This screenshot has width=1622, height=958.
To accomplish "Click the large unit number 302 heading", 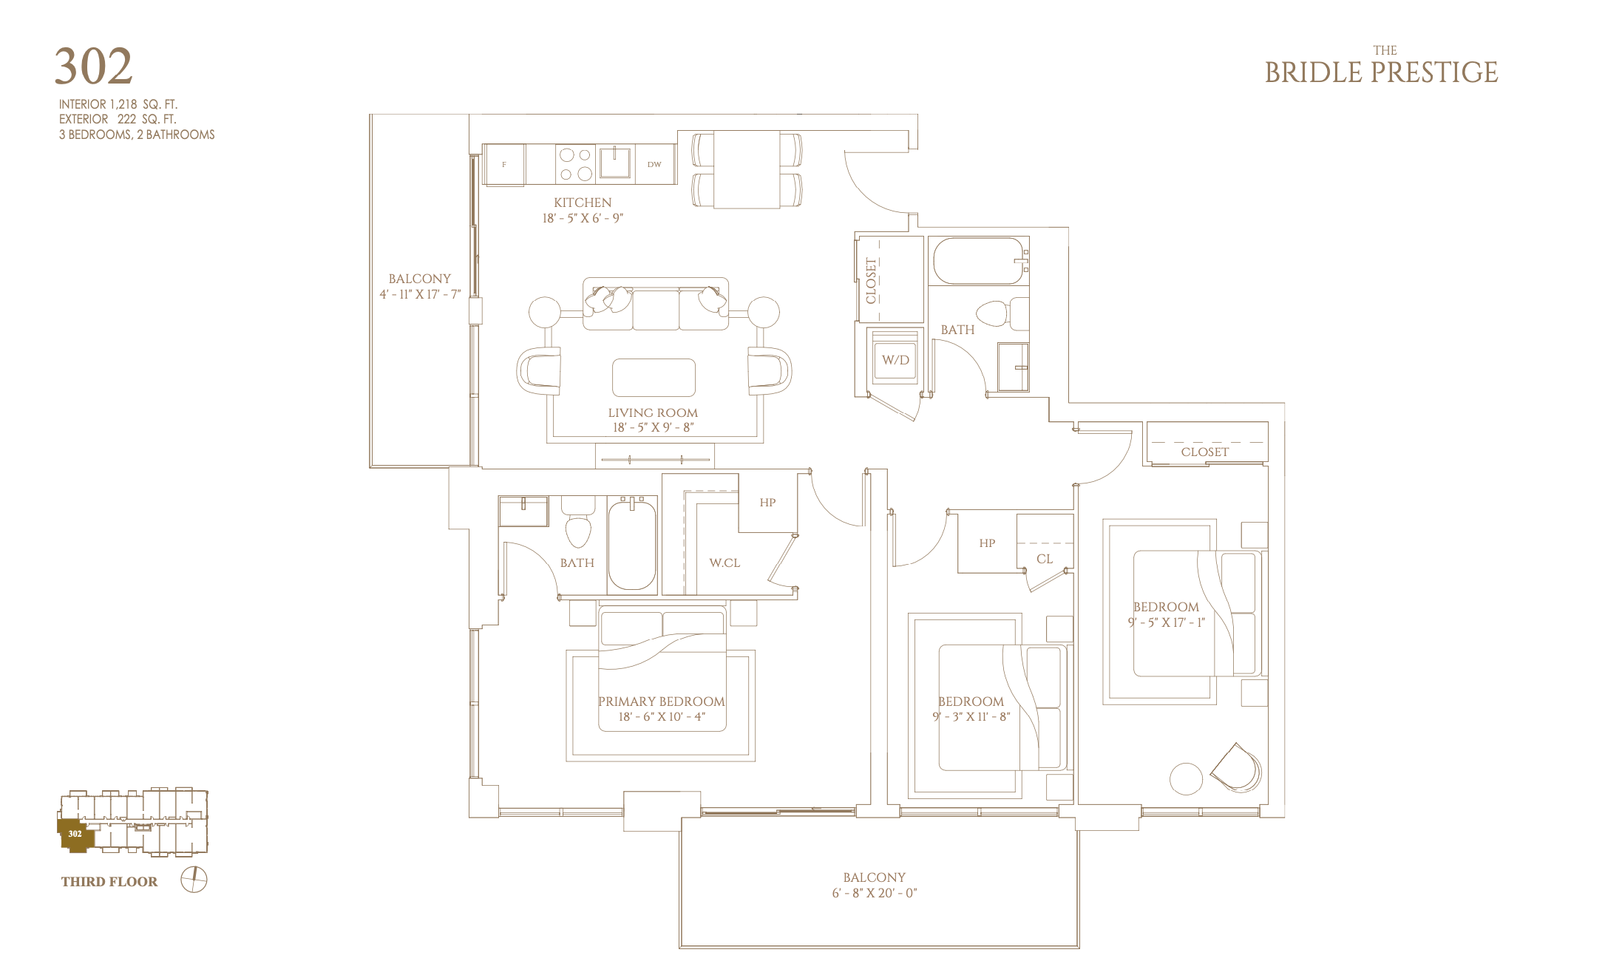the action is click(94, 67).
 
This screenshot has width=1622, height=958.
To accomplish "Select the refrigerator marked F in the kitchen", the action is click(505, 164).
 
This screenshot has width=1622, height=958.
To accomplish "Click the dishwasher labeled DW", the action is click(654, 164).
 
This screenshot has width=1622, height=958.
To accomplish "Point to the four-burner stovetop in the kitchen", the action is click(576, 164).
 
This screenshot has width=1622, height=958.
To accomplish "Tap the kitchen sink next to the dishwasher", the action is click(615, 163).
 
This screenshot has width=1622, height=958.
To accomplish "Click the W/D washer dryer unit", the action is click(895, 360).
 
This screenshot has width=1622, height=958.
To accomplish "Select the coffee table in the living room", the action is click(654, 378).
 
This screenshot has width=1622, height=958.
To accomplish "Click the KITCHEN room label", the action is click(583, 203).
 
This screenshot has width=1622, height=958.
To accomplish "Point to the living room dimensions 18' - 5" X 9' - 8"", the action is click(653, 427).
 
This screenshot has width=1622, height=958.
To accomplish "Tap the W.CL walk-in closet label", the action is click(725, 563).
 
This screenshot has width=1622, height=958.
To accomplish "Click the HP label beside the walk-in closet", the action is click(767, 503).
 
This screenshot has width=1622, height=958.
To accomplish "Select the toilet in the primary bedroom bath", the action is click(577, 522).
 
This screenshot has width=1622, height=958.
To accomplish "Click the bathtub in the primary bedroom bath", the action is click(632, 544).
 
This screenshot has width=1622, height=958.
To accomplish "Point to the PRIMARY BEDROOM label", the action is click(662, 701).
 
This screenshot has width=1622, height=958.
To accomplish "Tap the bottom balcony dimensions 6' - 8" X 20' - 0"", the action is click(875, 893).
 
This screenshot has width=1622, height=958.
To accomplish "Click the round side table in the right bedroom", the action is click(1186, 778).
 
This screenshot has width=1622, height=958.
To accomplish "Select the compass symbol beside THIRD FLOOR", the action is click(194, 880).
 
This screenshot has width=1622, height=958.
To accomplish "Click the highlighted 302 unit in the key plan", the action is click(75, 835).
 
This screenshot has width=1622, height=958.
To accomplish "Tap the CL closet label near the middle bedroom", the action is click(1045, 559).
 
